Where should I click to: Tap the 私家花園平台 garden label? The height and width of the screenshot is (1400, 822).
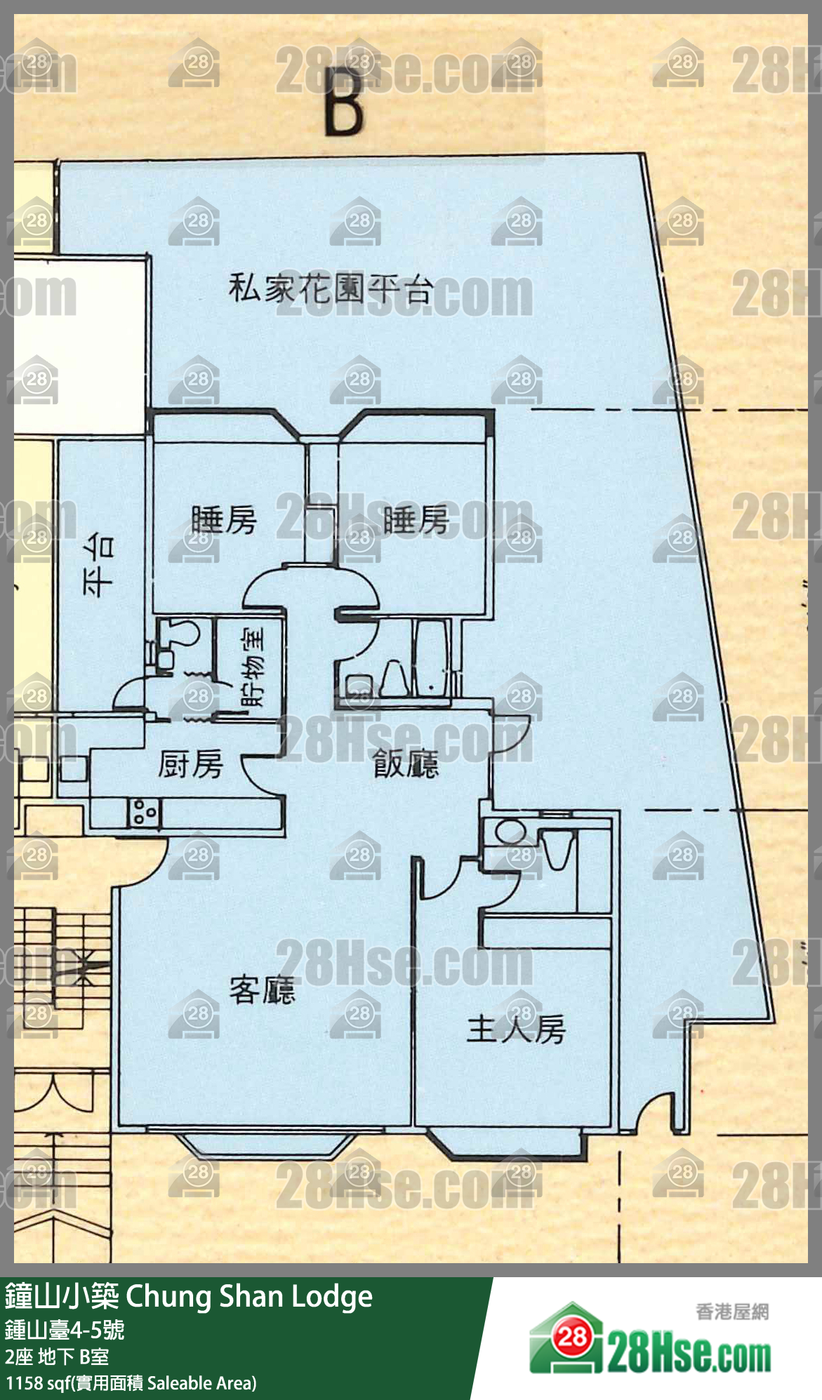[x=330, y=288]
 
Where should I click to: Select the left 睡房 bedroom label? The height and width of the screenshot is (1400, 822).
[x=224, y=520]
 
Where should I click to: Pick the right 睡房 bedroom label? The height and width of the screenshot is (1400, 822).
[x=416, y=520]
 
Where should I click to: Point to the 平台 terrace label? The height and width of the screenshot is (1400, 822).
[x=99, y=565]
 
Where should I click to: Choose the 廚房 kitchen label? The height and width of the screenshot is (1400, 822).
[x=190, y=764]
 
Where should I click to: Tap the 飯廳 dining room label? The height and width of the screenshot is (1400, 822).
[x=406, y=763]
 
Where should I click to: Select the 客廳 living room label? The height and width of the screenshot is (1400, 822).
[x=262, y=990]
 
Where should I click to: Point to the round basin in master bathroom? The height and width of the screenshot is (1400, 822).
[x=511, y=833]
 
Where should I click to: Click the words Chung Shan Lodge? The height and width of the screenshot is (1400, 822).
[x=248, y=1297]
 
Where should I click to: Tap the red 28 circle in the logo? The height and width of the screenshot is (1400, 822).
[x=572, y=1336]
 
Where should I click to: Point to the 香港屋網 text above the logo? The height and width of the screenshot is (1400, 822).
[x=732, y=1311]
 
